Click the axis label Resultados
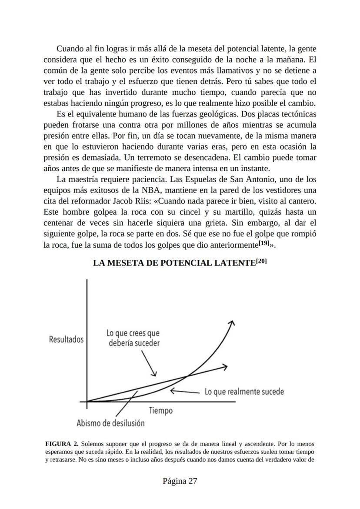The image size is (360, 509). (67, 339)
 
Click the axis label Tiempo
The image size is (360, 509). (160, 411)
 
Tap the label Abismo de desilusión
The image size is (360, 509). (110, 423)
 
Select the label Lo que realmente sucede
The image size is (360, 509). (244, 392)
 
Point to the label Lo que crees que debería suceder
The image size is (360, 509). (133, 338)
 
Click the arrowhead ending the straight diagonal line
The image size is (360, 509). (224, 367)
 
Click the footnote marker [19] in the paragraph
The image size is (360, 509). (263, 243)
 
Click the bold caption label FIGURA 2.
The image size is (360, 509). (62, 444)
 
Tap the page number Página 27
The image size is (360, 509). (180, 481)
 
